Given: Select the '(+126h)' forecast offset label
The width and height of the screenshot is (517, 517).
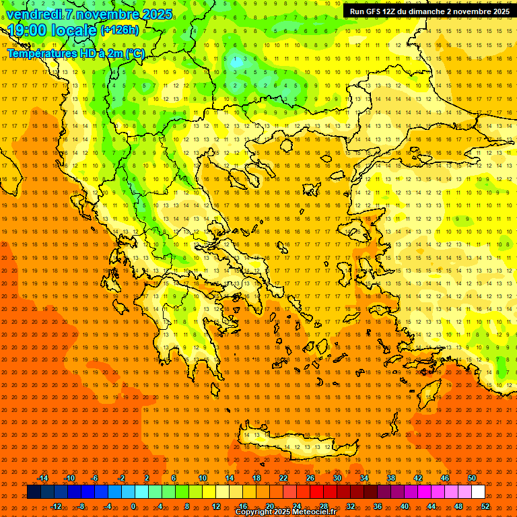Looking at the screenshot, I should pos(120,30).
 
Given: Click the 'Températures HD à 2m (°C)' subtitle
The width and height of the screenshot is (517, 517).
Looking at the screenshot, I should pos(75,53).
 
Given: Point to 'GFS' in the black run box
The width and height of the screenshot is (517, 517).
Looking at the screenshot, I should pos(377,11).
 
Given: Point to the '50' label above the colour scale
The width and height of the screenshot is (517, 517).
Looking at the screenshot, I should pos(472,478).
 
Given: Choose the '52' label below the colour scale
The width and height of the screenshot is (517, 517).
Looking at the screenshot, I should pos(485,506).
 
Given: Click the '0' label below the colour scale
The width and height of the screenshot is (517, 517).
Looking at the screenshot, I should pos(133,506).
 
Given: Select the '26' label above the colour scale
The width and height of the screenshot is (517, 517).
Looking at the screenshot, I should pos(310,478).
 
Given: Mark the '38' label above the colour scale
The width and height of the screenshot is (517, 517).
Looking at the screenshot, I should pos(390,478).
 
